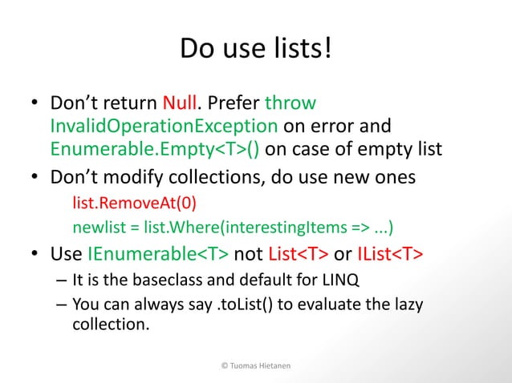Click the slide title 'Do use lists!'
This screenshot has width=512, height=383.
point(255,50)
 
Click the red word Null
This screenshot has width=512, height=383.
point(182,104)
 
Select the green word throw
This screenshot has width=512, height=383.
point(291,104)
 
